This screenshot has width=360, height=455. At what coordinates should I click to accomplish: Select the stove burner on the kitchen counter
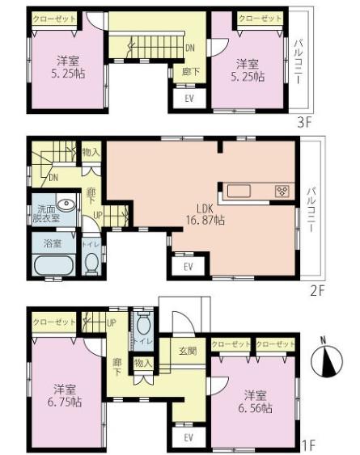(x=282, y=191)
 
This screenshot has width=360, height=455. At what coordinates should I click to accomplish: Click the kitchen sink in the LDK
(x=239, y=192)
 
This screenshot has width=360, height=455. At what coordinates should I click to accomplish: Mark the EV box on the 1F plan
(x=188, y=437)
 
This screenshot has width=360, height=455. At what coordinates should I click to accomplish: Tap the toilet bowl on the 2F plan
(x=91, y=261)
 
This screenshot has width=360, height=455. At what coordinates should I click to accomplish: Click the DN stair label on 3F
(x=189, y=48)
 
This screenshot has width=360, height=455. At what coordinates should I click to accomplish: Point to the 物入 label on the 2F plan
(x=90, y=150)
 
